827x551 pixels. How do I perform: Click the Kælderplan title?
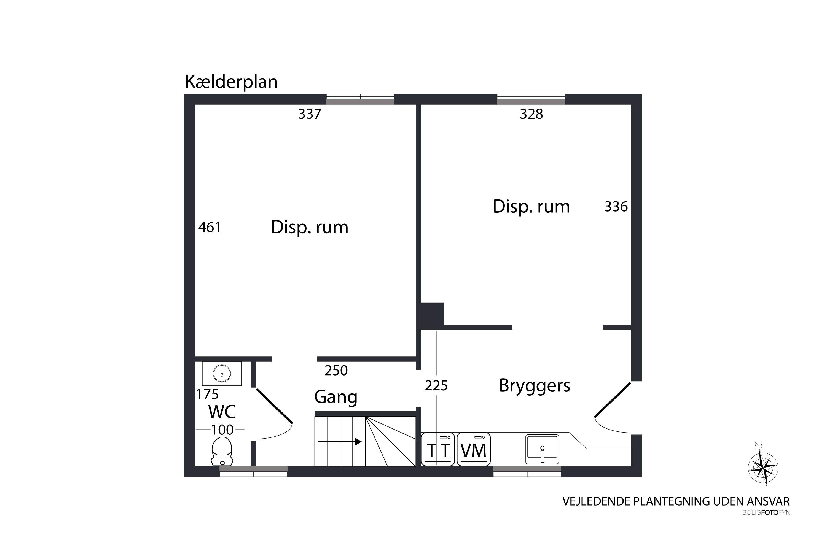tap(231, 82)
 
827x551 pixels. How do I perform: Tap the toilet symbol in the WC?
tap(222, 452)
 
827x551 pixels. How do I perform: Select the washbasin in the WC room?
tap(222, 373)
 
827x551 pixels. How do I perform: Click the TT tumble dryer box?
tap(438, 449)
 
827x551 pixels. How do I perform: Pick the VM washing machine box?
tap(474, 449)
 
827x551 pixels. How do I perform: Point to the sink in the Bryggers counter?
tap(542, 449)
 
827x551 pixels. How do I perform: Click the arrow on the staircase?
tap(340, 442)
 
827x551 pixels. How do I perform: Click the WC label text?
tap(222, 412)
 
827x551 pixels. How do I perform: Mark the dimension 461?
tap(210, 227)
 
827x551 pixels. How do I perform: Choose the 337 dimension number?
tap(310, 114)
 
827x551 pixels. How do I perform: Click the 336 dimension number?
tap(616, 207)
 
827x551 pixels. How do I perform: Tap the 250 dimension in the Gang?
tap(336, 370)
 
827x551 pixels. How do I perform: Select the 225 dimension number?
tap(436, 386)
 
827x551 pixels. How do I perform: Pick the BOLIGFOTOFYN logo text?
tap(766, 513)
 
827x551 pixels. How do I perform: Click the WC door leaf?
tap(274, 406)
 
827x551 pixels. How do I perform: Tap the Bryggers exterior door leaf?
tap(613, 400)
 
